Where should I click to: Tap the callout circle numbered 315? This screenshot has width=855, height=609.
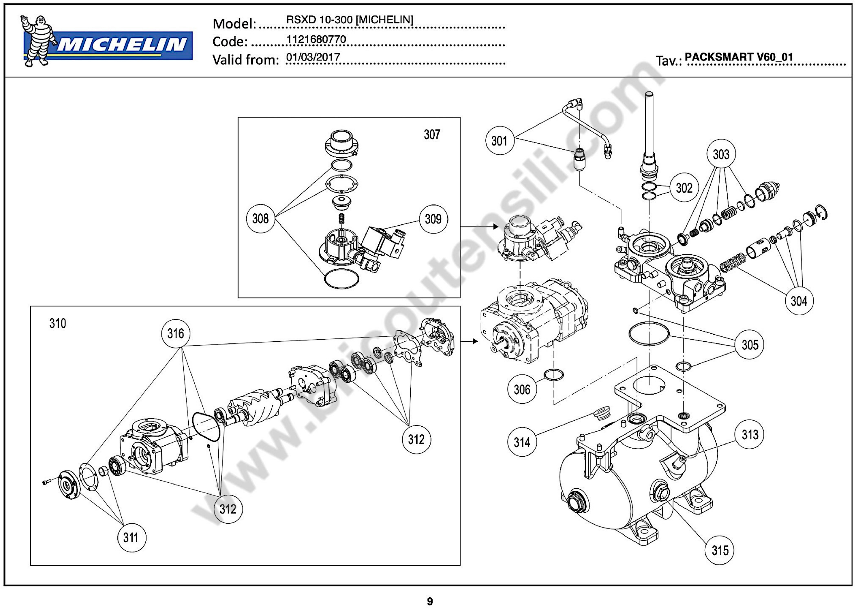click(720, 550)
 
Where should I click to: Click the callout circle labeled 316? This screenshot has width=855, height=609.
click(176, 333)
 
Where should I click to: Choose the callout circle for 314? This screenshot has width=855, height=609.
click(522, 442)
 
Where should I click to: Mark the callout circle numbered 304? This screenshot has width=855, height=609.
click(799, 301)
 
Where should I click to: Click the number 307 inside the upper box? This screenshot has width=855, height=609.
click(432, 134)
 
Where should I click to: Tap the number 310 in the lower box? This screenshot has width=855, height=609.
click(58, 323)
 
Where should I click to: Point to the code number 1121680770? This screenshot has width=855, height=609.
click(316, 39)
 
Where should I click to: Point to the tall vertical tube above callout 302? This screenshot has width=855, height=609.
click(649, 124)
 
